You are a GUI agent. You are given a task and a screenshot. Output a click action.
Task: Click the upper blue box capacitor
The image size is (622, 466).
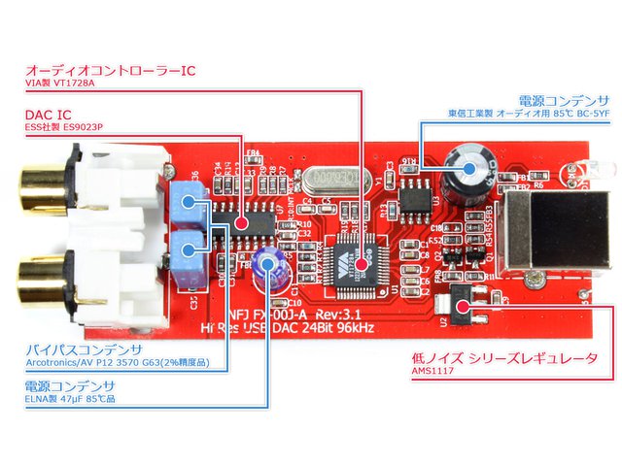click(195, 204)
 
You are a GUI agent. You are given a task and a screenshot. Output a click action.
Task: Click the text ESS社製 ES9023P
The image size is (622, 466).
click(64, 130)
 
